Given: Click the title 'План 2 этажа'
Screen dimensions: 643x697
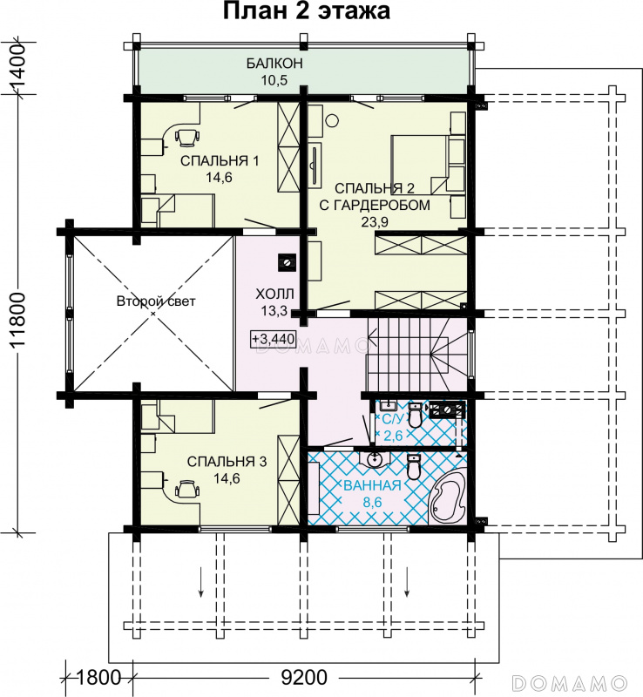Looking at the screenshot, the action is click(307, 11).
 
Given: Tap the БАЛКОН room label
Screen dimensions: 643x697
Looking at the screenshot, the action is click(274, 64).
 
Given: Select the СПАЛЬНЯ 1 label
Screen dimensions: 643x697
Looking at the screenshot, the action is click(220, 160).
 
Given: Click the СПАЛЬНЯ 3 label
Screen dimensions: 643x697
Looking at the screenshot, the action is click(227, 462).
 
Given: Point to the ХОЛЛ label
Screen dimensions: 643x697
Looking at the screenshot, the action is click(274, 294).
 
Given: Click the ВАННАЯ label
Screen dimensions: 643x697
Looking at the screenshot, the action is click(372, 486).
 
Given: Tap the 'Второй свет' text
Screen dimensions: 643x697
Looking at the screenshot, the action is click(156, 301).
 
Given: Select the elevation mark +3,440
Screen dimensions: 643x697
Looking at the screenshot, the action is click(273, 339).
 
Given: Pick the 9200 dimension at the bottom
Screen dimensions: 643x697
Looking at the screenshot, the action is click(304, 678).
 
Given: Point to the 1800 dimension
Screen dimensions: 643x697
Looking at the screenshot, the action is click(98, 678).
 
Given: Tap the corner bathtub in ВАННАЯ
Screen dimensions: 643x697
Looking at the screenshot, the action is click(447, 498).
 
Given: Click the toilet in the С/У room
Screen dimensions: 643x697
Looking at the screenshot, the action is click(415, 415).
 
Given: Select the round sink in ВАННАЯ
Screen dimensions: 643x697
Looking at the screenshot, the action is click(375, 459).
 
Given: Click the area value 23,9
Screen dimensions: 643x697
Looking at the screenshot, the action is click(375, 221).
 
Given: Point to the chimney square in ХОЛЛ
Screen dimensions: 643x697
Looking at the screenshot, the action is click(287, 262).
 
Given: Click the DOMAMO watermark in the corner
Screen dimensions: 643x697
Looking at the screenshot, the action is click(570, 681).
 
